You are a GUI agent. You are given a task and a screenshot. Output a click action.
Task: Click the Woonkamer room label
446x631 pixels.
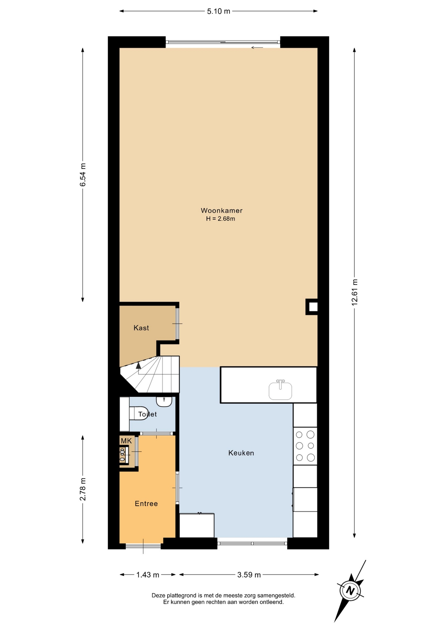click(222, 210)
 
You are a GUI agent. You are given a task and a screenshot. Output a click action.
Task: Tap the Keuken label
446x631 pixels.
click(241, 453)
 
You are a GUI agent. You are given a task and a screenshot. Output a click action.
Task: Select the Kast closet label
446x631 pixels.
click(141, 328)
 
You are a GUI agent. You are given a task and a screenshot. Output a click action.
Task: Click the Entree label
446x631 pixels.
click(146, 503)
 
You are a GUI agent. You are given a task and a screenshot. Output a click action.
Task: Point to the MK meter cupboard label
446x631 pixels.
click(126, 441)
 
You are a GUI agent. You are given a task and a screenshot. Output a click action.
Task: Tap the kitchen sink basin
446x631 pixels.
click(280, 390)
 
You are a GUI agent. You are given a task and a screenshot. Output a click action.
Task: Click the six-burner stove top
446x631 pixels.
click(305, 446)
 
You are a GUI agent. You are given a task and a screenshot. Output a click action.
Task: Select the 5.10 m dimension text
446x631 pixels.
click(218, 12)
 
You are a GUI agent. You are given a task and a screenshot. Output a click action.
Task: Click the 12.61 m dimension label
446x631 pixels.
click(355, 292)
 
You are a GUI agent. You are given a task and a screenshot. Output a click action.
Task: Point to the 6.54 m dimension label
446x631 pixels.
click(83, 175)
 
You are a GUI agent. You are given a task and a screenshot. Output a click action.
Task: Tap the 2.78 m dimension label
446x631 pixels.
click(83, 489)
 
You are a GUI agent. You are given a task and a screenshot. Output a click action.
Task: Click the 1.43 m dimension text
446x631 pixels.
click(148, 575)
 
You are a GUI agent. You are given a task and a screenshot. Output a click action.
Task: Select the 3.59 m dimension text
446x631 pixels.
click(249, 575)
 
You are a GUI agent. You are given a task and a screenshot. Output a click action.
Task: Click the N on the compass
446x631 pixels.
click(350, 591)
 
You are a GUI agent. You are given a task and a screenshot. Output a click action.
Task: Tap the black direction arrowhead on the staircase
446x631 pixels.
click(138, 365)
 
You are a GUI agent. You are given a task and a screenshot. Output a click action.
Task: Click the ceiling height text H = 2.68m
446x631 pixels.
click(220, 219)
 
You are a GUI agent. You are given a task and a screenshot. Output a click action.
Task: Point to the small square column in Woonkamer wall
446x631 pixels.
click(312, 307)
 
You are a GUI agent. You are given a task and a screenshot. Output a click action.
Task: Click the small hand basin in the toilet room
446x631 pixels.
click(164, 401)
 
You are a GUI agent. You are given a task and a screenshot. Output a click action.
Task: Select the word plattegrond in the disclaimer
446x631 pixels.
click(183, 595)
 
